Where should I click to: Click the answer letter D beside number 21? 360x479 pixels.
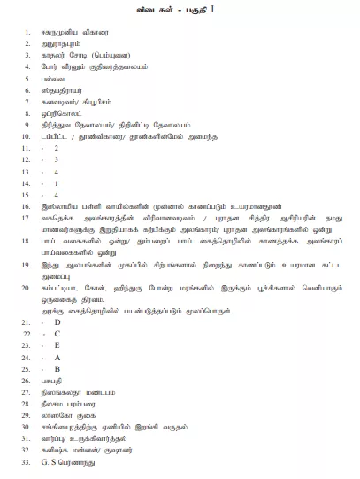click(x=57, y=321)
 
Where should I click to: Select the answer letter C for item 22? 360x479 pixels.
click(x=57, y=334)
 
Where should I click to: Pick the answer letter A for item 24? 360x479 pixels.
click(x=57, y=357)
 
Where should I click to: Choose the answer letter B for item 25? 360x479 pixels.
click(x=57, y=368)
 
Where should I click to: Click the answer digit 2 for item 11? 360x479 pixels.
click(x=56, y=147)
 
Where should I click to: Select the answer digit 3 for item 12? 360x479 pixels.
click(x=56, y=159)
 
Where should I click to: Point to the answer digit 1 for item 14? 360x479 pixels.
click(x=56, y=182)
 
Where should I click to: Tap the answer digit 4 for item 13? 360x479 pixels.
click(x=56, y=171)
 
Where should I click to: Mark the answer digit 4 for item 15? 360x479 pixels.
click(x=56, y=194)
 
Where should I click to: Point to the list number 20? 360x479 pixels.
click(x=28, y=288)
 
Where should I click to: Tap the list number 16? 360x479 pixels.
click(x=28, y=205)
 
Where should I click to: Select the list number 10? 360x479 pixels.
click(x=28, y=136)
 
